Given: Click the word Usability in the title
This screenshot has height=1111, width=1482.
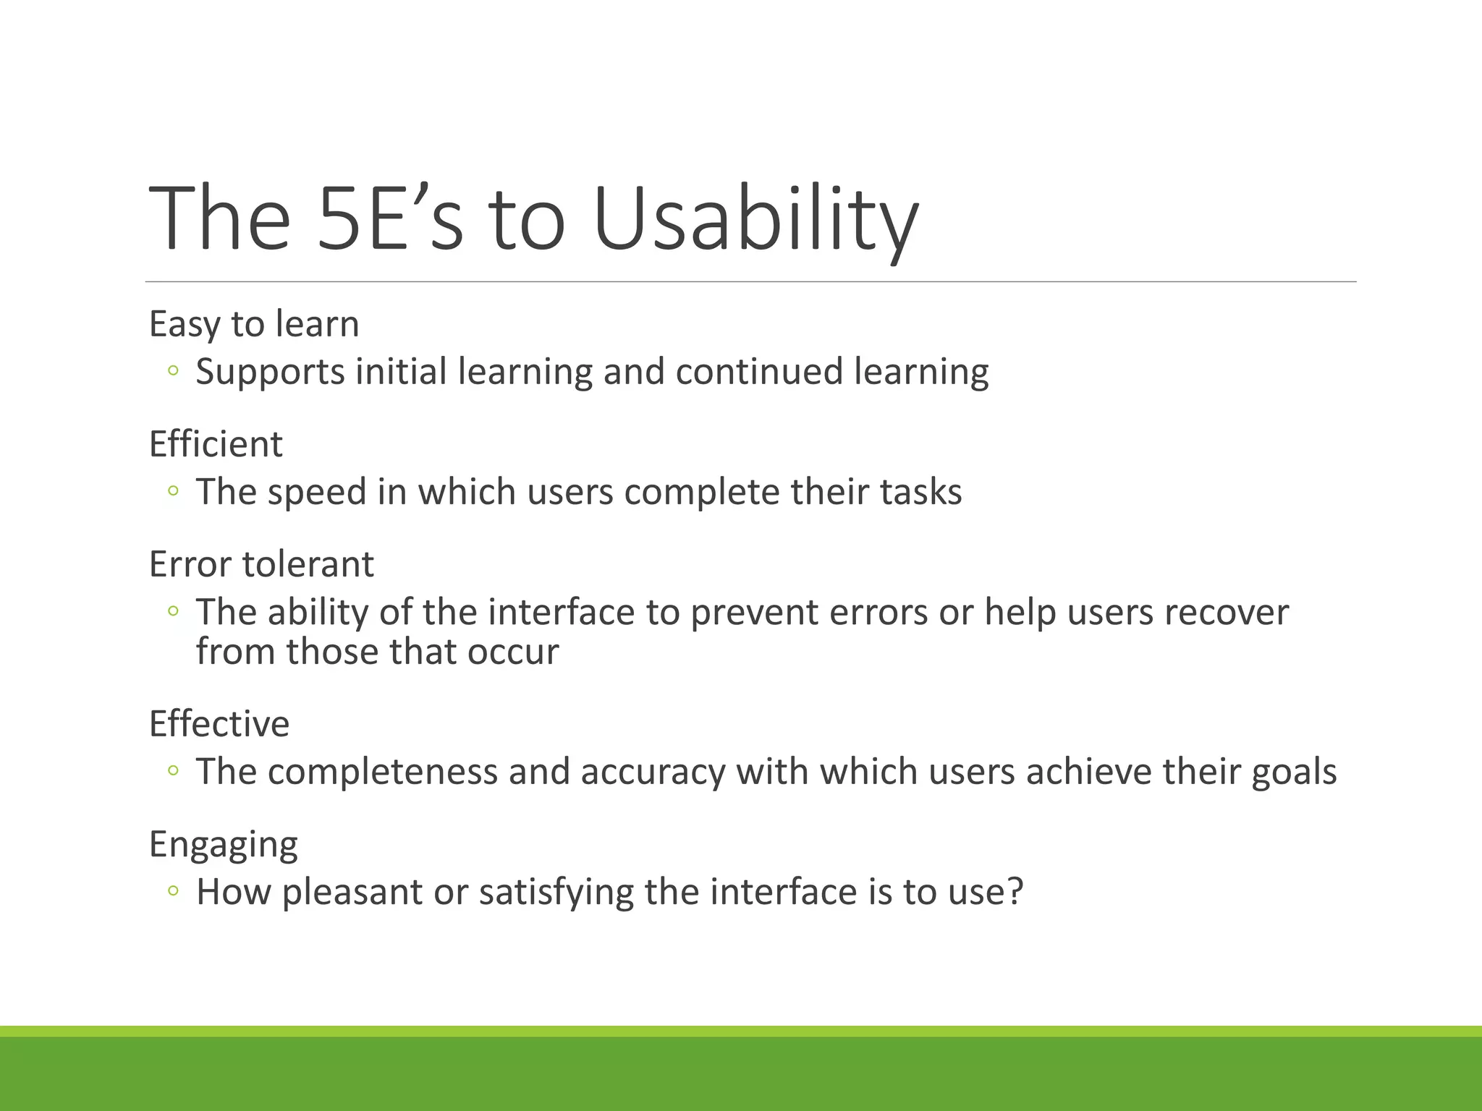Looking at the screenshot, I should click(755, 218).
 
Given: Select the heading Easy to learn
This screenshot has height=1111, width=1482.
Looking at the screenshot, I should click(254, 323).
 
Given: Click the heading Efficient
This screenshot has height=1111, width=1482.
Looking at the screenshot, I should click(216, 443).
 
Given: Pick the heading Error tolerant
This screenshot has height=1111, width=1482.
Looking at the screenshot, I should click(261, 563).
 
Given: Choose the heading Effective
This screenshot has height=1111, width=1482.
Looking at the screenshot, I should click(219, 723).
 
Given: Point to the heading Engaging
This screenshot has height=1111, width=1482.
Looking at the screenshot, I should click(223, 844).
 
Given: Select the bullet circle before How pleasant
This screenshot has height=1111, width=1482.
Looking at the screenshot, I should click(172, 892).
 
